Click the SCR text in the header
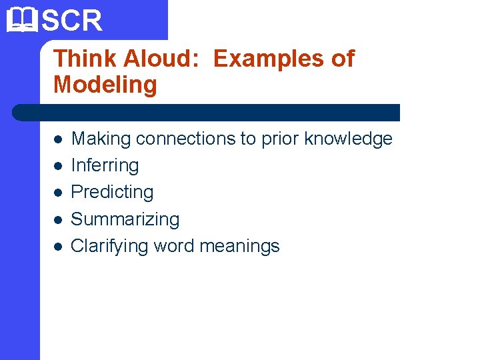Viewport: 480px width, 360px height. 72,21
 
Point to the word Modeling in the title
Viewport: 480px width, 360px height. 105,85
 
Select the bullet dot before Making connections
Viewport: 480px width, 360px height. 58,139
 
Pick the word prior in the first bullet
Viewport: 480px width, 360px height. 279,139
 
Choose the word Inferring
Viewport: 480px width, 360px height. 105,165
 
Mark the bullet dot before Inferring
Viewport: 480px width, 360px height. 58,166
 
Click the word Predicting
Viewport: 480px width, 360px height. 112,192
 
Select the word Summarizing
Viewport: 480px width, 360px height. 125,219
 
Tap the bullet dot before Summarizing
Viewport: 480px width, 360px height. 58,219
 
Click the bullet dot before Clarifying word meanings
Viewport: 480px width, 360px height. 58,246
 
